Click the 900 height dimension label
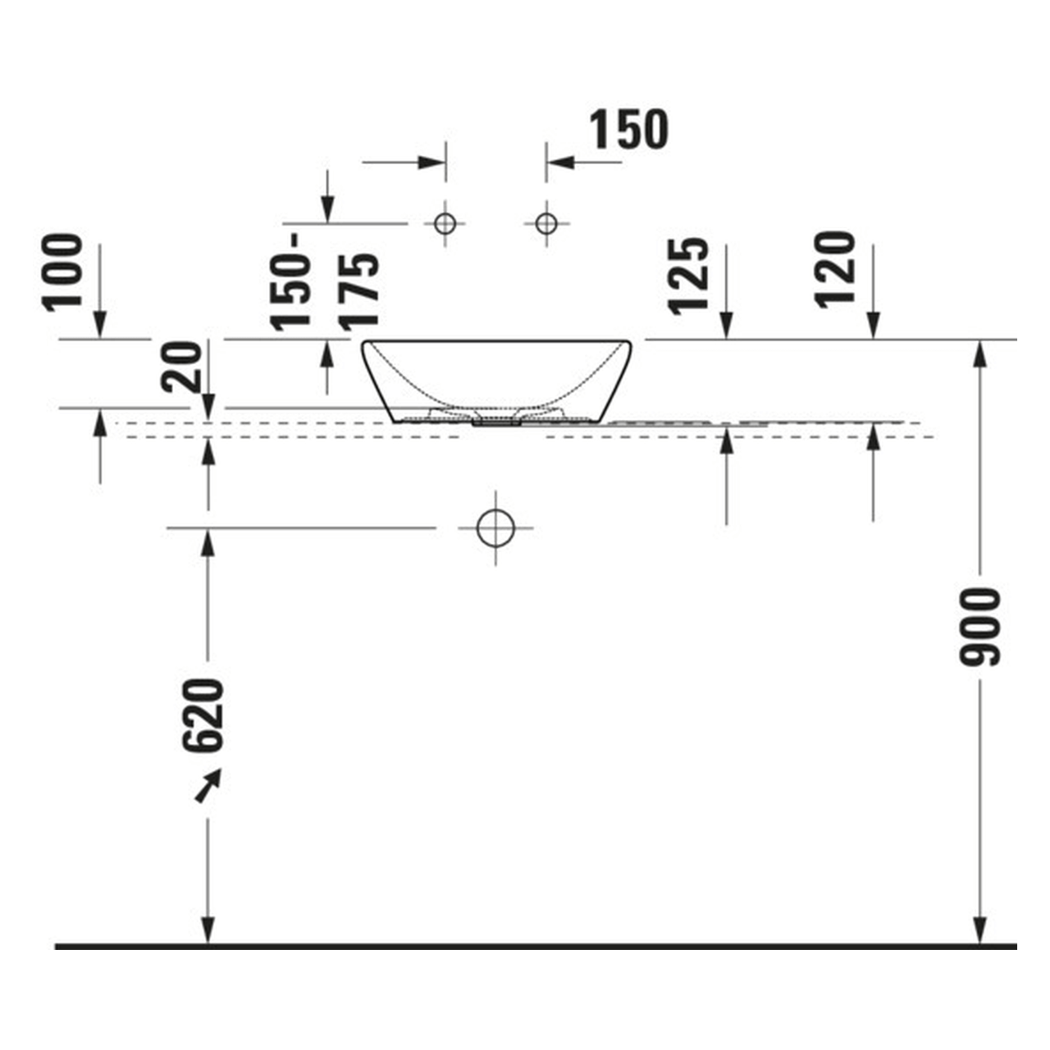click(979, 627)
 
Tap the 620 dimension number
click(203, 715)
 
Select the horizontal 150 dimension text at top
click(629, 129)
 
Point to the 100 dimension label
click(63, 273)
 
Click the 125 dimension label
click(689, 276)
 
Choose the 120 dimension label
click(835, 270)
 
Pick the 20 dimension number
click(181, 367)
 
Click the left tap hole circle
click(445, 223)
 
